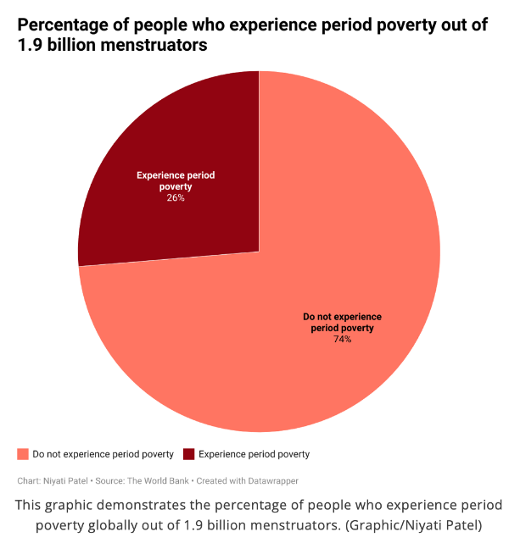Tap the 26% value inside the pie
tap(176, 198)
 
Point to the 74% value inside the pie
tap(342, 339)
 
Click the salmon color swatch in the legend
tap(22, 454)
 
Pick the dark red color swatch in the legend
tap(188, 454)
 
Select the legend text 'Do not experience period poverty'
tap(103, 454)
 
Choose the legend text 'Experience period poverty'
tap(254, 454)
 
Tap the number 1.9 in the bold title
tap(30, 46)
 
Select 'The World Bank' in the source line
tap(158, 480)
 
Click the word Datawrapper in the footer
tap(270, 480)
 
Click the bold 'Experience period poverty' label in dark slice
tap(176, 180)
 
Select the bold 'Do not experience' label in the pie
tap(342, 317)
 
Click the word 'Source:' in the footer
tap(109, 480)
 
